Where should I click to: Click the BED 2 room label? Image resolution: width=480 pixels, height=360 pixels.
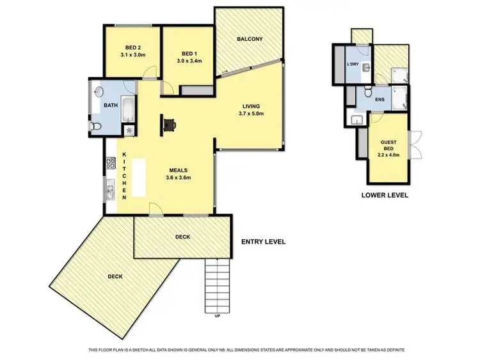coord(132,47)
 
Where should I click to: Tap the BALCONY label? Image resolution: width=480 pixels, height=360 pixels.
coord(249,39)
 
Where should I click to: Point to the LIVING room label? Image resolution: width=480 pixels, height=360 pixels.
coord(250,106)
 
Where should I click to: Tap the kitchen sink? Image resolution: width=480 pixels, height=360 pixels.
coord(109,189)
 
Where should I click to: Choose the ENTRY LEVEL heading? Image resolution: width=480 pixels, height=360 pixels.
coord(262,242)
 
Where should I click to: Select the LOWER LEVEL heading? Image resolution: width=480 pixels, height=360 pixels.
coord(385,195)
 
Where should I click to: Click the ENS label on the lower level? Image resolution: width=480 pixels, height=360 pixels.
coord(380,99)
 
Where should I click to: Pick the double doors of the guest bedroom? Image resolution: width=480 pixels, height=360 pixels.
coord(416,144)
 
